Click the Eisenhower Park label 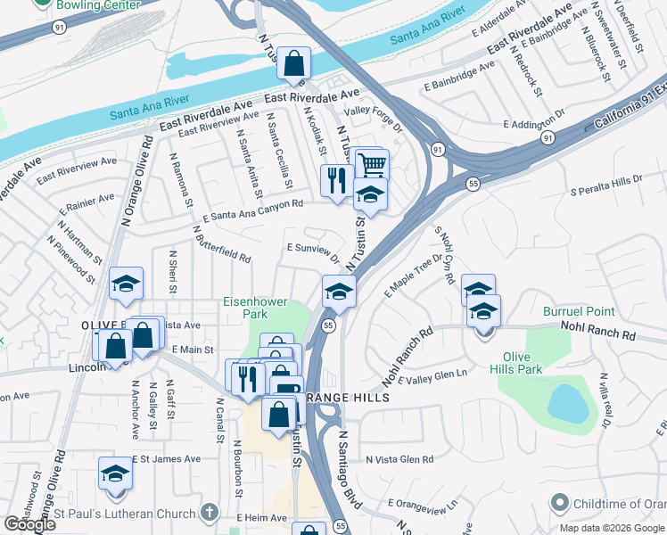[x=255, y=308]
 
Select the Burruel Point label [x=579, y=311]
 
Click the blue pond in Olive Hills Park [x=568, y=404]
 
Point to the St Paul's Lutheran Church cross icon [x=209, y=513]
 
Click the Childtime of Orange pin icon [x=559, y=504]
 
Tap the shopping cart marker [x=372, y=165]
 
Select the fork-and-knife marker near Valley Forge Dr [x=336, y=180]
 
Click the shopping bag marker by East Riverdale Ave [x=293, y=64]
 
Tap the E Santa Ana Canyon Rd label [x=253, y=210]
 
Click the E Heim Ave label [x=261, y=517]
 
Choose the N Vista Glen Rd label [x=399, y=459]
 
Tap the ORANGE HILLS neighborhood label [x=348, y=397]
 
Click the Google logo [x=29, y=524]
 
